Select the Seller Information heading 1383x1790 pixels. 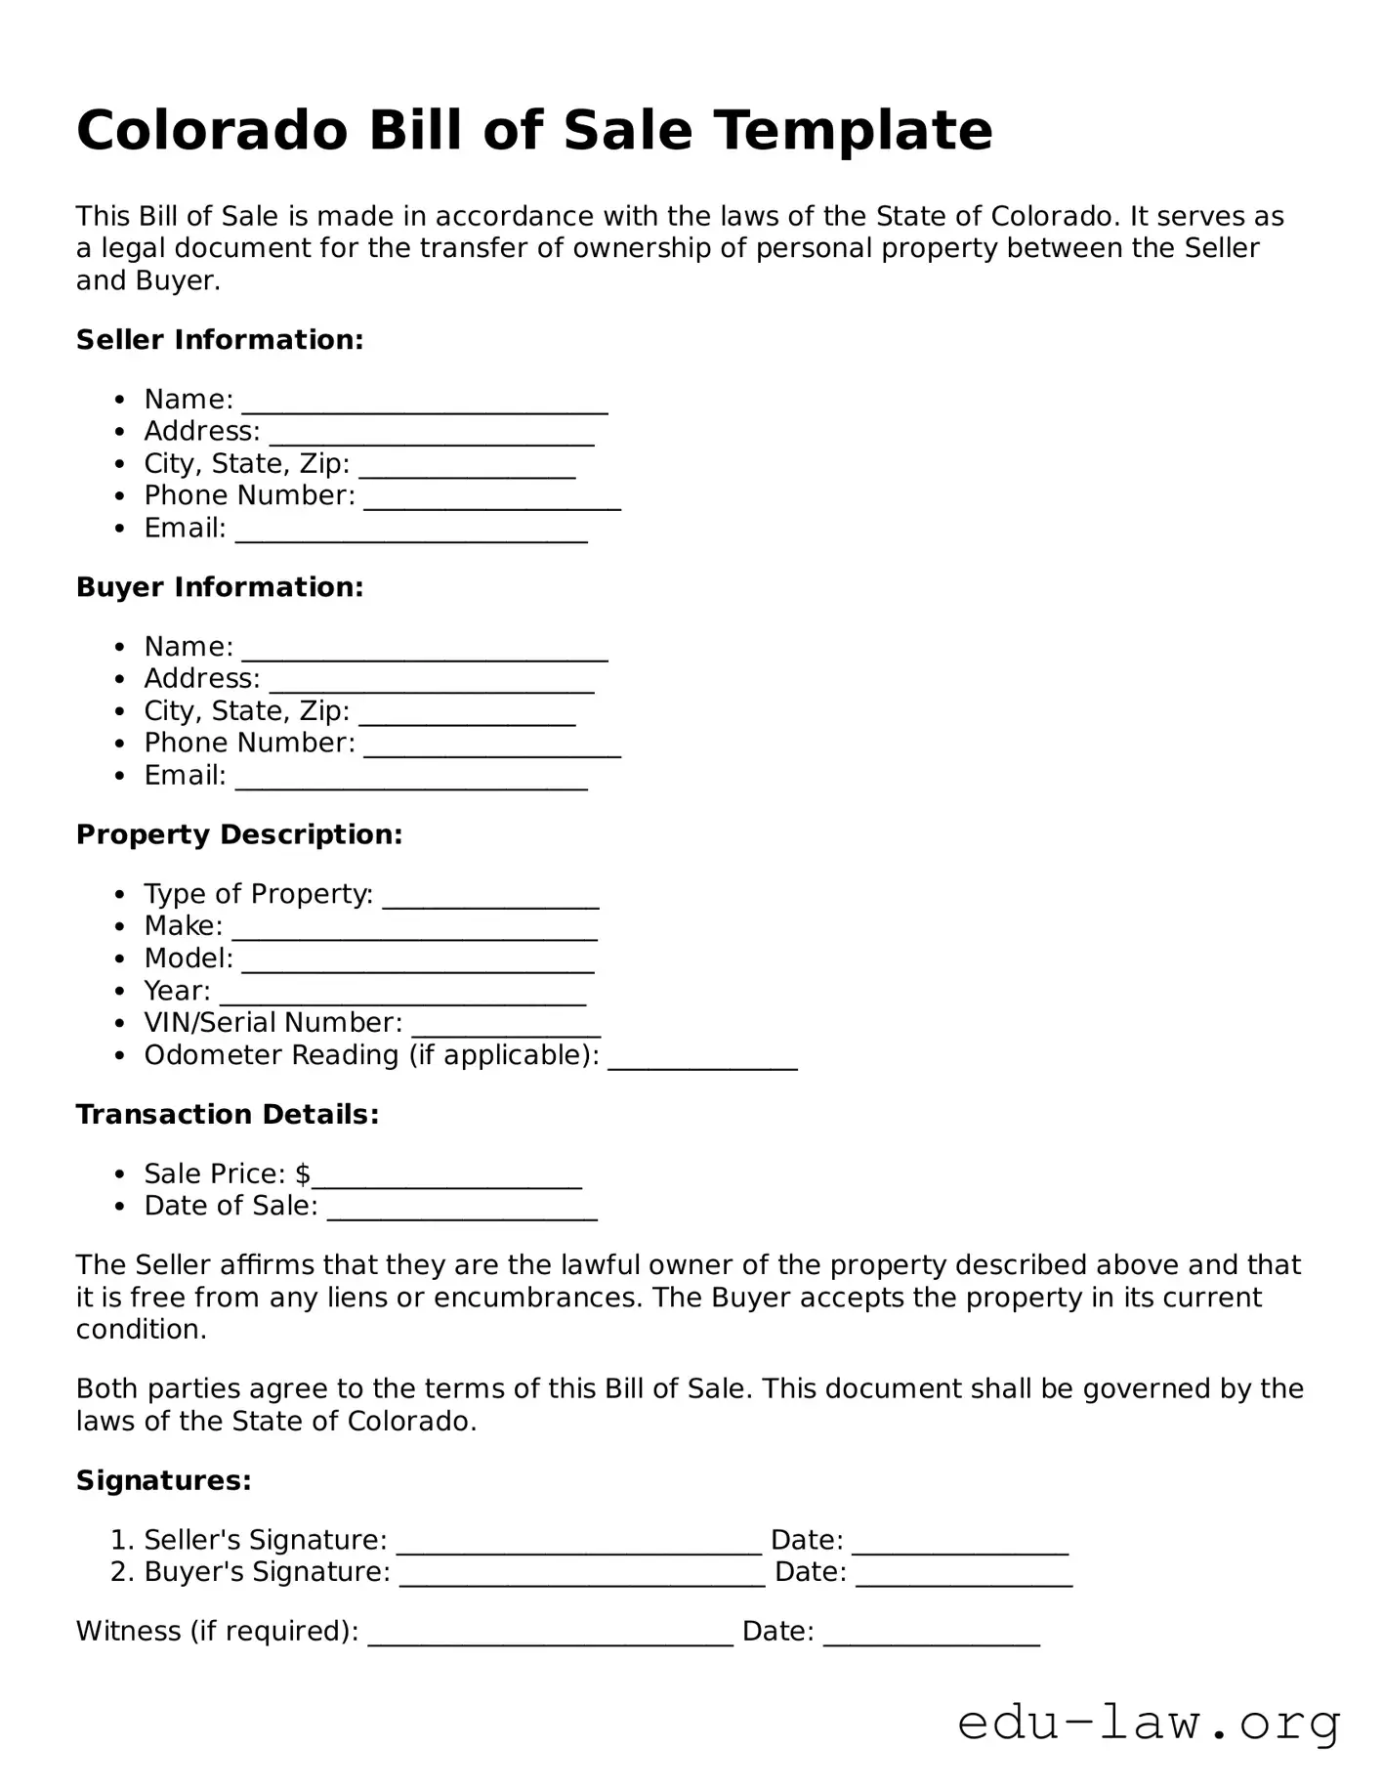coord(220,340)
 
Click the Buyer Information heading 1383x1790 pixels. coord(220,587)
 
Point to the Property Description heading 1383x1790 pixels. coord(239,834)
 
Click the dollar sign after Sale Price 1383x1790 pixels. coord(303,1173)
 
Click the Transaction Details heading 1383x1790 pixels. coord(228,1115)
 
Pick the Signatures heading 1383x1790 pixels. coord(164,1481)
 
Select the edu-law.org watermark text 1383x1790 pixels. coord(1149,1724)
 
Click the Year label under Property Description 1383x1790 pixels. coord(177,991)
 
